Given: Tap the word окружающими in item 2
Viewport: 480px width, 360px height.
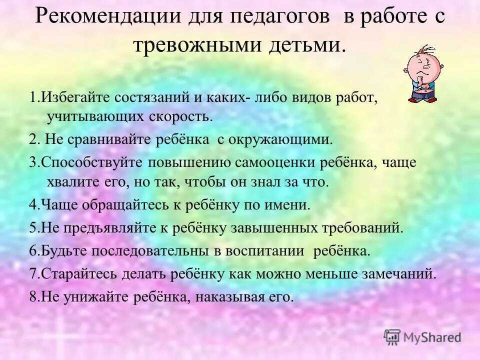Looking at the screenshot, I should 280,139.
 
